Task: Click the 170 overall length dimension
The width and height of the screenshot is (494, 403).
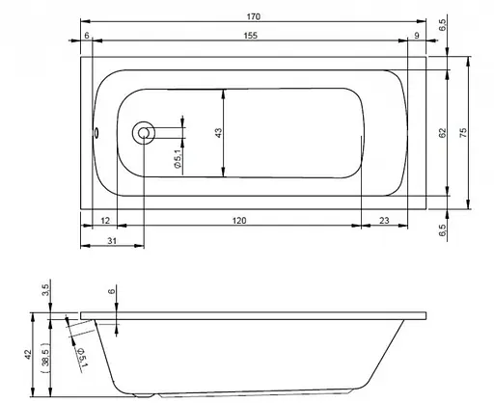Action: (x=253, y=16)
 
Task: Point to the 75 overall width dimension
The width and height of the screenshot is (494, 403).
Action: (x=465, y=132)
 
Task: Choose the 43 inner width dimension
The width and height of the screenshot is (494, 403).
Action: (x=219, y=133)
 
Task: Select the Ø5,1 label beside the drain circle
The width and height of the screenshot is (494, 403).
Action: (x=178, y=157)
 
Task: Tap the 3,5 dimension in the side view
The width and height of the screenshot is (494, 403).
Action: (x=44, y=289)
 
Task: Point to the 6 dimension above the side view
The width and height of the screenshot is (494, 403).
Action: (x=112, y=290)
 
